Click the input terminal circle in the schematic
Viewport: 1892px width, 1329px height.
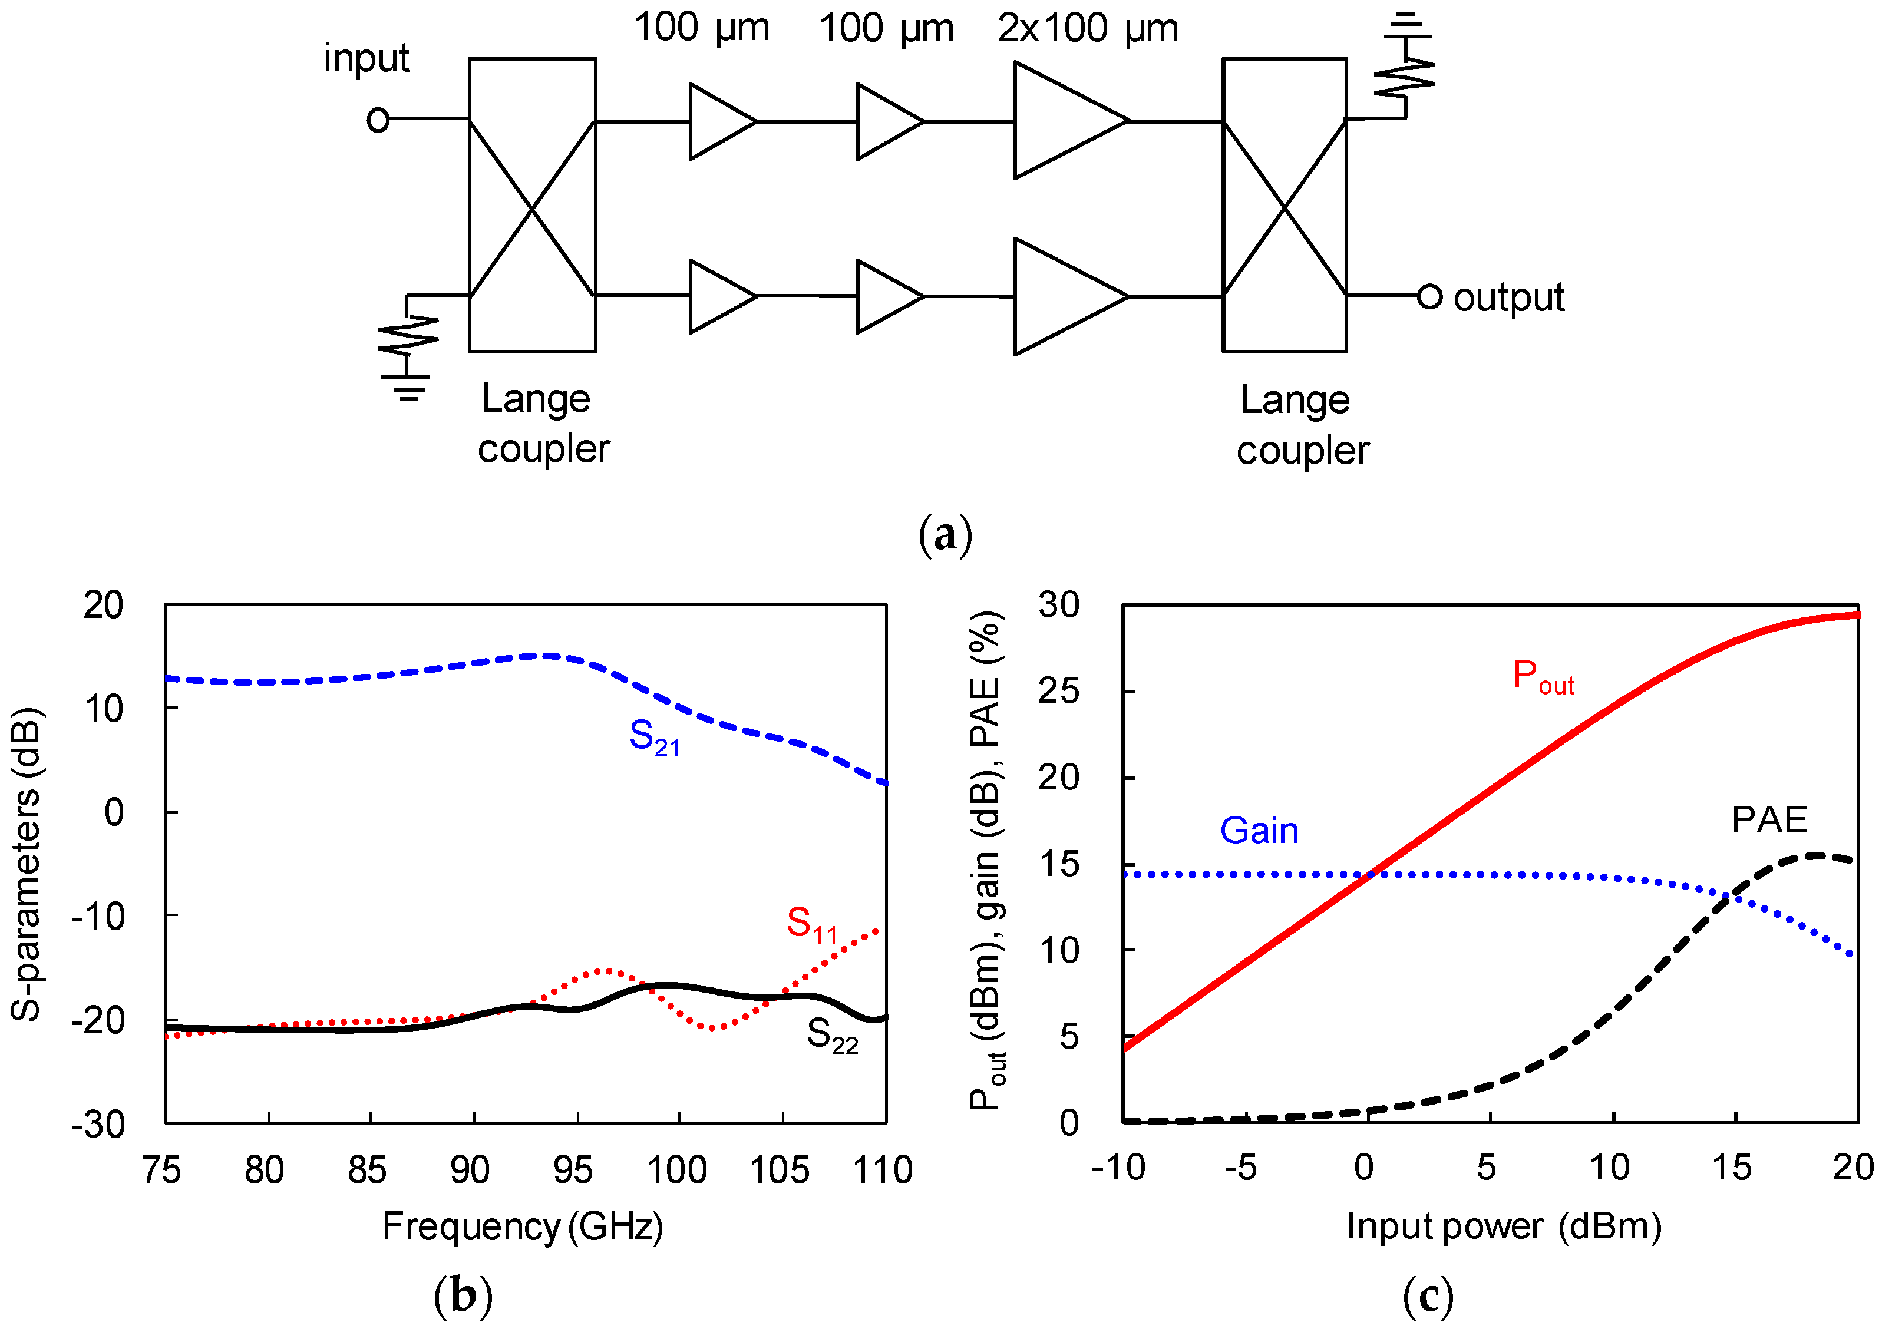coord(378,120)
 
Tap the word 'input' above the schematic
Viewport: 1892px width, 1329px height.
coord(366,58)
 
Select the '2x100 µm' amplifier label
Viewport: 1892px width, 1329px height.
coord(1088,29)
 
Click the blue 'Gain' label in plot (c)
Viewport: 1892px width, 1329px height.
coord(1259,831)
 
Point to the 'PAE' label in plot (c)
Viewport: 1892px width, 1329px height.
coord(1769,820)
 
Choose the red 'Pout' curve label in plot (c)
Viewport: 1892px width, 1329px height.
coord(1543,678)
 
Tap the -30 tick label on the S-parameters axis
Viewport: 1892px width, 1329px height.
coord(98,1124)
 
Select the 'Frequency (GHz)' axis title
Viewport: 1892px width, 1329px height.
coord(523,1227)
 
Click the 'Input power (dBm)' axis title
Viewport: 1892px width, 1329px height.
coord(1503,1226)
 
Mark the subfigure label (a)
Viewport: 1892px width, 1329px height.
coord(945,535)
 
